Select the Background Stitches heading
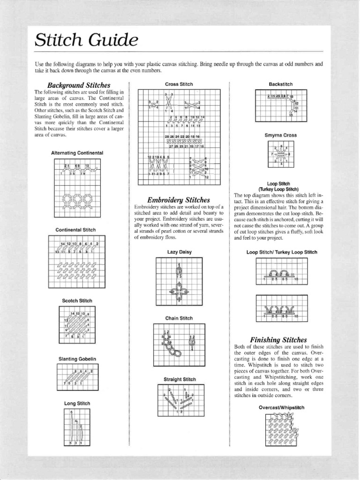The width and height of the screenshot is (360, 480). [79, 85]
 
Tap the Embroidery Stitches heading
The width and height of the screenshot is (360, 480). [179, 199]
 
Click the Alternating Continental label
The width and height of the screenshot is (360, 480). [77, 153]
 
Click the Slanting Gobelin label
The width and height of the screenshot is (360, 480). [77, 359]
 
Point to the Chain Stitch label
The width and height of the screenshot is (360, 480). [179, 318]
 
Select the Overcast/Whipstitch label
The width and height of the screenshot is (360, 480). [281, 407]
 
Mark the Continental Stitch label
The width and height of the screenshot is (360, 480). [75, 230]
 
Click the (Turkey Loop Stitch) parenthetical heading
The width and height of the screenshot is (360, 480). [279, 189]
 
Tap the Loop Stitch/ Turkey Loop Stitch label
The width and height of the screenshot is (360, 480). [282, 252]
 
